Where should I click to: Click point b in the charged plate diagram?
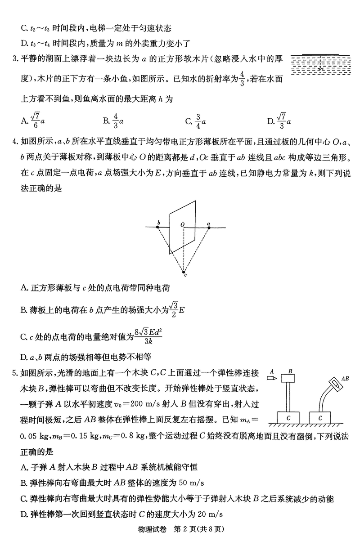(x=157, y=228)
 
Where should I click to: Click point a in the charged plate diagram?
(x=209, y=228)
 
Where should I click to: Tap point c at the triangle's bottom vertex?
(x=184, y=271)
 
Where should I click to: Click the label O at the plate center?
(x=182, y=224)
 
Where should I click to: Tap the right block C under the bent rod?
(x=320, y=417)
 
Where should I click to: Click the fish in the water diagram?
(x=320, y=68)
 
